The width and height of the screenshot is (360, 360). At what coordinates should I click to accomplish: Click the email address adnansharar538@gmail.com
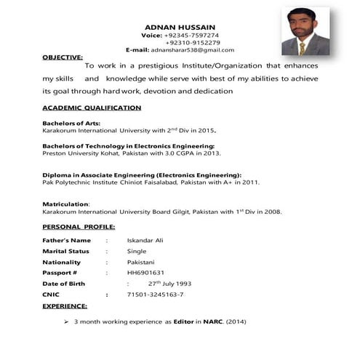coord(193,49)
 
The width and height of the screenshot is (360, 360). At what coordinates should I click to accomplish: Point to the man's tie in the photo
coord(303,47)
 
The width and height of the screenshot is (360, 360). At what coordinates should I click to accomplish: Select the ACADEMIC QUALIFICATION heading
coord(92,108)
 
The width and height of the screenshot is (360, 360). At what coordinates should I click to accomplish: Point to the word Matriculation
coord(65,204)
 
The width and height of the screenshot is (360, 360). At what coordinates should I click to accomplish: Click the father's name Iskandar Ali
coord(144,240)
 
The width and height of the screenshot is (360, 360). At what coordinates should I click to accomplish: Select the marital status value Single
coord(137,251)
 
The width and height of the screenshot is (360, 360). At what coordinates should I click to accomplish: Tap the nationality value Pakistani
coord(141,262)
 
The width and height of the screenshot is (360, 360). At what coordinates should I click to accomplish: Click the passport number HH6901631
coord(145,273)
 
